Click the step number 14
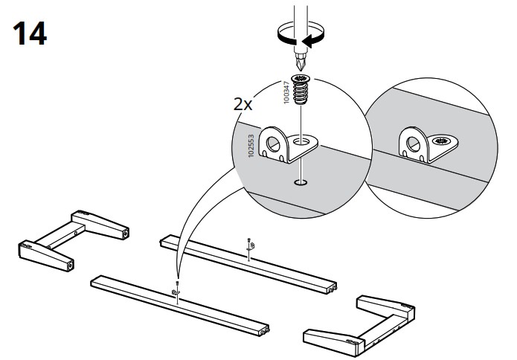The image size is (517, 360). point(30,33)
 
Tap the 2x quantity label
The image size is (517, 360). point(243,105)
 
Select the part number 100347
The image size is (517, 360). point(286,92)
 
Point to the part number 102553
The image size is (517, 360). point(251,146)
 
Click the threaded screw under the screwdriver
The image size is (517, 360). point(301,89)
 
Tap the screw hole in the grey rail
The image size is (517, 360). point(301,182)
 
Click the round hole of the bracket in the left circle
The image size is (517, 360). point(273,144)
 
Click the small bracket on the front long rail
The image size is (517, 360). point(175,292)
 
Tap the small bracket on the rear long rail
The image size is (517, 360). point(252,245)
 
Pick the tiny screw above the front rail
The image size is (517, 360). point(178,283)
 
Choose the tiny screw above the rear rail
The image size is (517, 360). point(249,240)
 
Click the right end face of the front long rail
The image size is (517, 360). point(264,331)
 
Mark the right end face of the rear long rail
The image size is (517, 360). point(332,289)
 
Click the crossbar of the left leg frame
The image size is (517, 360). point(61,236)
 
